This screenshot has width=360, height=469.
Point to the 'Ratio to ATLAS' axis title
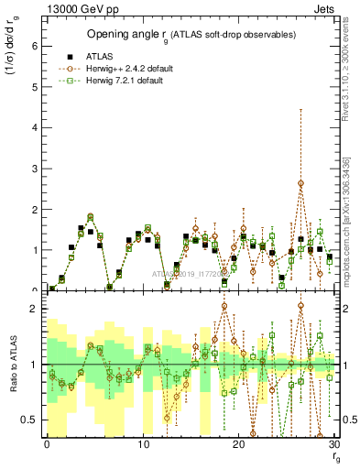pos(16,365)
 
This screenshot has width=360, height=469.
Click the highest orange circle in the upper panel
pos(300,183)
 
